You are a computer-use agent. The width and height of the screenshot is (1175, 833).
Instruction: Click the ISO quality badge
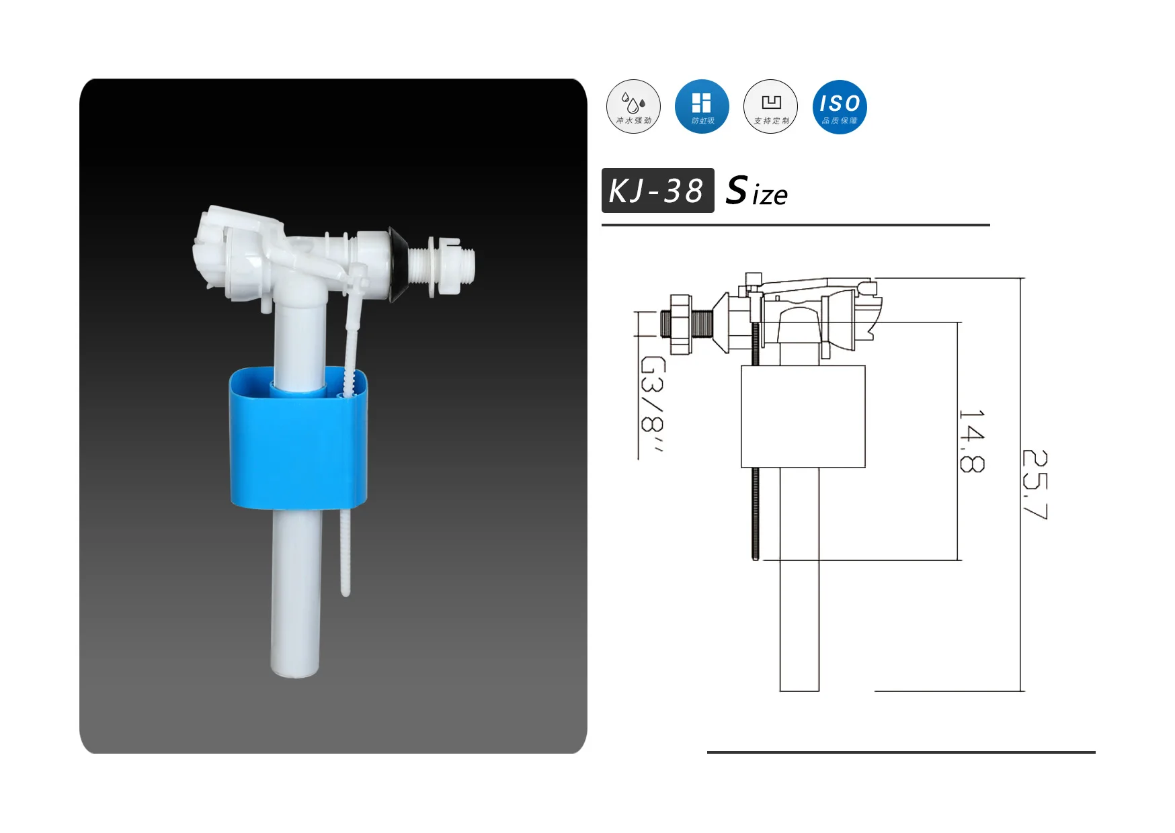(x=839, y=107)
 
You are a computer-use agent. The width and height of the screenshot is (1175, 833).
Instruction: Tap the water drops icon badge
(x=633, y=107)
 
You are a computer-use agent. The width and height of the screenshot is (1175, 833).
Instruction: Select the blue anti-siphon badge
(x=702, y=107)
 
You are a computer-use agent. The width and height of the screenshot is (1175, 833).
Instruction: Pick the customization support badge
(x=770, y=107)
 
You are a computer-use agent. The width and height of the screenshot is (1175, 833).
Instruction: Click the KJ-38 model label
(x=657, y=191)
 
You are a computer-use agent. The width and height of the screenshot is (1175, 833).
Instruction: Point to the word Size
(x=757, y=191)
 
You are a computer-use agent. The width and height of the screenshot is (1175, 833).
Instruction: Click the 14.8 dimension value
(x=972, y=441)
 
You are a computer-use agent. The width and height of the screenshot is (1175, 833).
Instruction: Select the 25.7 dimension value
(x=1035, y=484)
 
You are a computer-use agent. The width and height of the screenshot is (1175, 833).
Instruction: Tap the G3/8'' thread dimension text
(x=651, y=404)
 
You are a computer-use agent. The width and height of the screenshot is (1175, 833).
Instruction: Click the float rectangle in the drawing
(x=803, y=416)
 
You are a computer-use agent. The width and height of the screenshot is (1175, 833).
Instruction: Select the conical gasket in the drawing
(x=721, y=323)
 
